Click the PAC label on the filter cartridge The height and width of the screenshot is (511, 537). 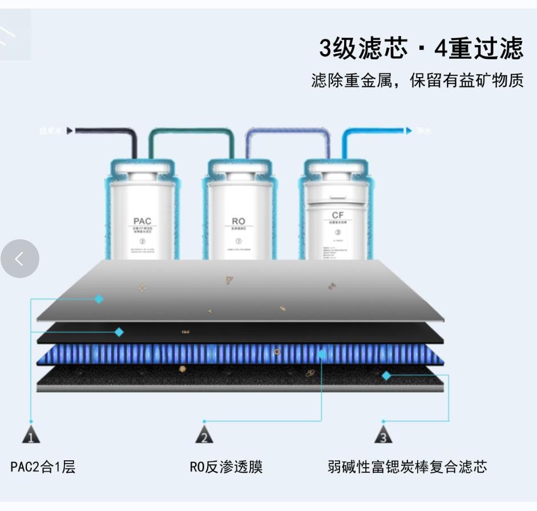tap(142, 221)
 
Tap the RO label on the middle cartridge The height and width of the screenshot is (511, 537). tap(239, 221)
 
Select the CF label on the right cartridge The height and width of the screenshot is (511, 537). tap(338, 215)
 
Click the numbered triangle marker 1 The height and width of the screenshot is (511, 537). tap(31, 435)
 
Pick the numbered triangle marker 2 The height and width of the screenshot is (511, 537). tap(204, 435)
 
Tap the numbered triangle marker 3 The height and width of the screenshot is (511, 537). tap(383, 435)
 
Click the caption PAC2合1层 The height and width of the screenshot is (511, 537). tap(43, 467)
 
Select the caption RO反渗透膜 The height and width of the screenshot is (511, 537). tap(226, 467)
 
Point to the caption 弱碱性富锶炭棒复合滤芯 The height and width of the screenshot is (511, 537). tap(407, 467)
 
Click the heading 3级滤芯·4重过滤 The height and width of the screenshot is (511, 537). tap(421, 49)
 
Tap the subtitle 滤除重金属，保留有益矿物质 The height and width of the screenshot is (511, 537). tap(417, 81)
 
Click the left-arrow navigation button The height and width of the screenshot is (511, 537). tap(20, 259)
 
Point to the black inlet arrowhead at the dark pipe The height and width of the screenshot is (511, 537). tap(70, 131)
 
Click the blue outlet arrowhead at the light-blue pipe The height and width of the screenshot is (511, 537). tap(409, 131)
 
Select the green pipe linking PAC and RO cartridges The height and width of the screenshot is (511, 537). tap(192, 132)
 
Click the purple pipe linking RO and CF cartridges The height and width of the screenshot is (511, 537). tap(288, 132)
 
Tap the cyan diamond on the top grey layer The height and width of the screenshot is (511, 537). tap(99, 299)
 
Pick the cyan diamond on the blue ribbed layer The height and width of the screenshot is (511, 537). tap(322, 354)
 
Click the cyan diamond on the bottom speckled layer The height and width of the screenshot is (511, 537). tap(386, 376)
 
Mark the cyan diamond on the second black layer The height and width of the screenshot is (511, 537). tap(119, 332)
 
